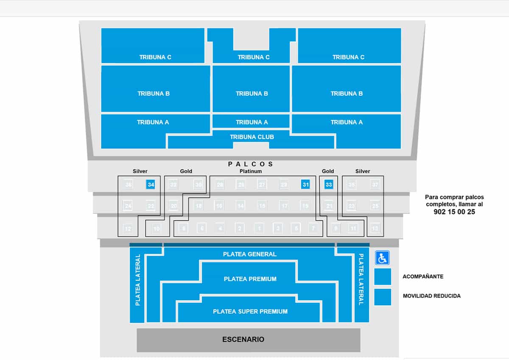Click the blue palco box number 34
click(x=151, y=184)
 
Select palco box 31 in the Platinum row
click(x=305, y=184)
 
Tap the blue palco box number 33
click(x=328, y=184)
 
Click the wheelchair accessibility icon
click(x=382, y=257)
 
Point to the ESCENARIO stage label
click(x=243, y=339)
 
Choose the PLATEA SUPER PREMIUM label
click(x=250, y=312)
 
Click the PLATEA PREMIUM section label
click(x=250, y=279)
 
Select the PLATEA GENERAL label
click(x=250, y=254)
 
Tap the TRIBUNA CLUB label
click(x=252, y=137)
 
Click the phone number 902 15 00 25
click(x=454, y=212)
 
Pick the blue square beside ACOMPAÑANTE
click(x=383, y=276)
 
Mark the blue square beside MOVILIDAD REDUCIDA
click(x=383, y=297)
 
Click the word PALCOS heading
click(x=251, y=164)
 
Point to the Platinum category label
click(x=250, y=171)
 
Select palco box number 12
click(x=128, y=229)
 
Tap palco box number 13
click(x=375, y=229)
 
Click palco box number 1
click(x=259, y=229)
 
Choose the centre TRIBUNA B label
click(x=252, y=94)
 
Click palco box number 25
click(x=375, y=206)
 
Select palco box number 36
click(x=128, y=184)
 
